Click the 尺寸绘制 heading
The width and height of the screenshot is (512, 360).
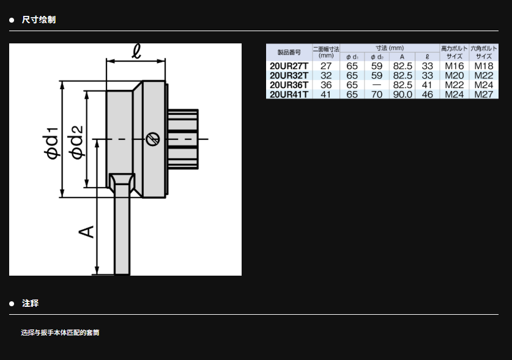39,20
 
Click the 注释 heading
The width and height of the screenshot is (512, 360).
30,304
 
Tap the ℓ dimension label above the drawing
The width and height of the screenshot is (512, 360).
137,51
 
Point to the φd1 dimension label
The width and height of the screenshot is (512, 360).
52,143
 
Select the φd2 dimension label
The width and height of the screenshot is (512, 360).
77,142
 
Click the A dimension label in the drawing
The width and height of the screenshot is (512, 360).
86,232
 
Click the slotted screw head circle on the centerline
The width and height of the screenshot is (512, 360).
152,139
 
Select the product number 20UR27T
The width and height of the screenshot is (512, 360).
289,66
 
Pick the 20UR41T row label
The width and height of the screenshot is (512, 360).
289,94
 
